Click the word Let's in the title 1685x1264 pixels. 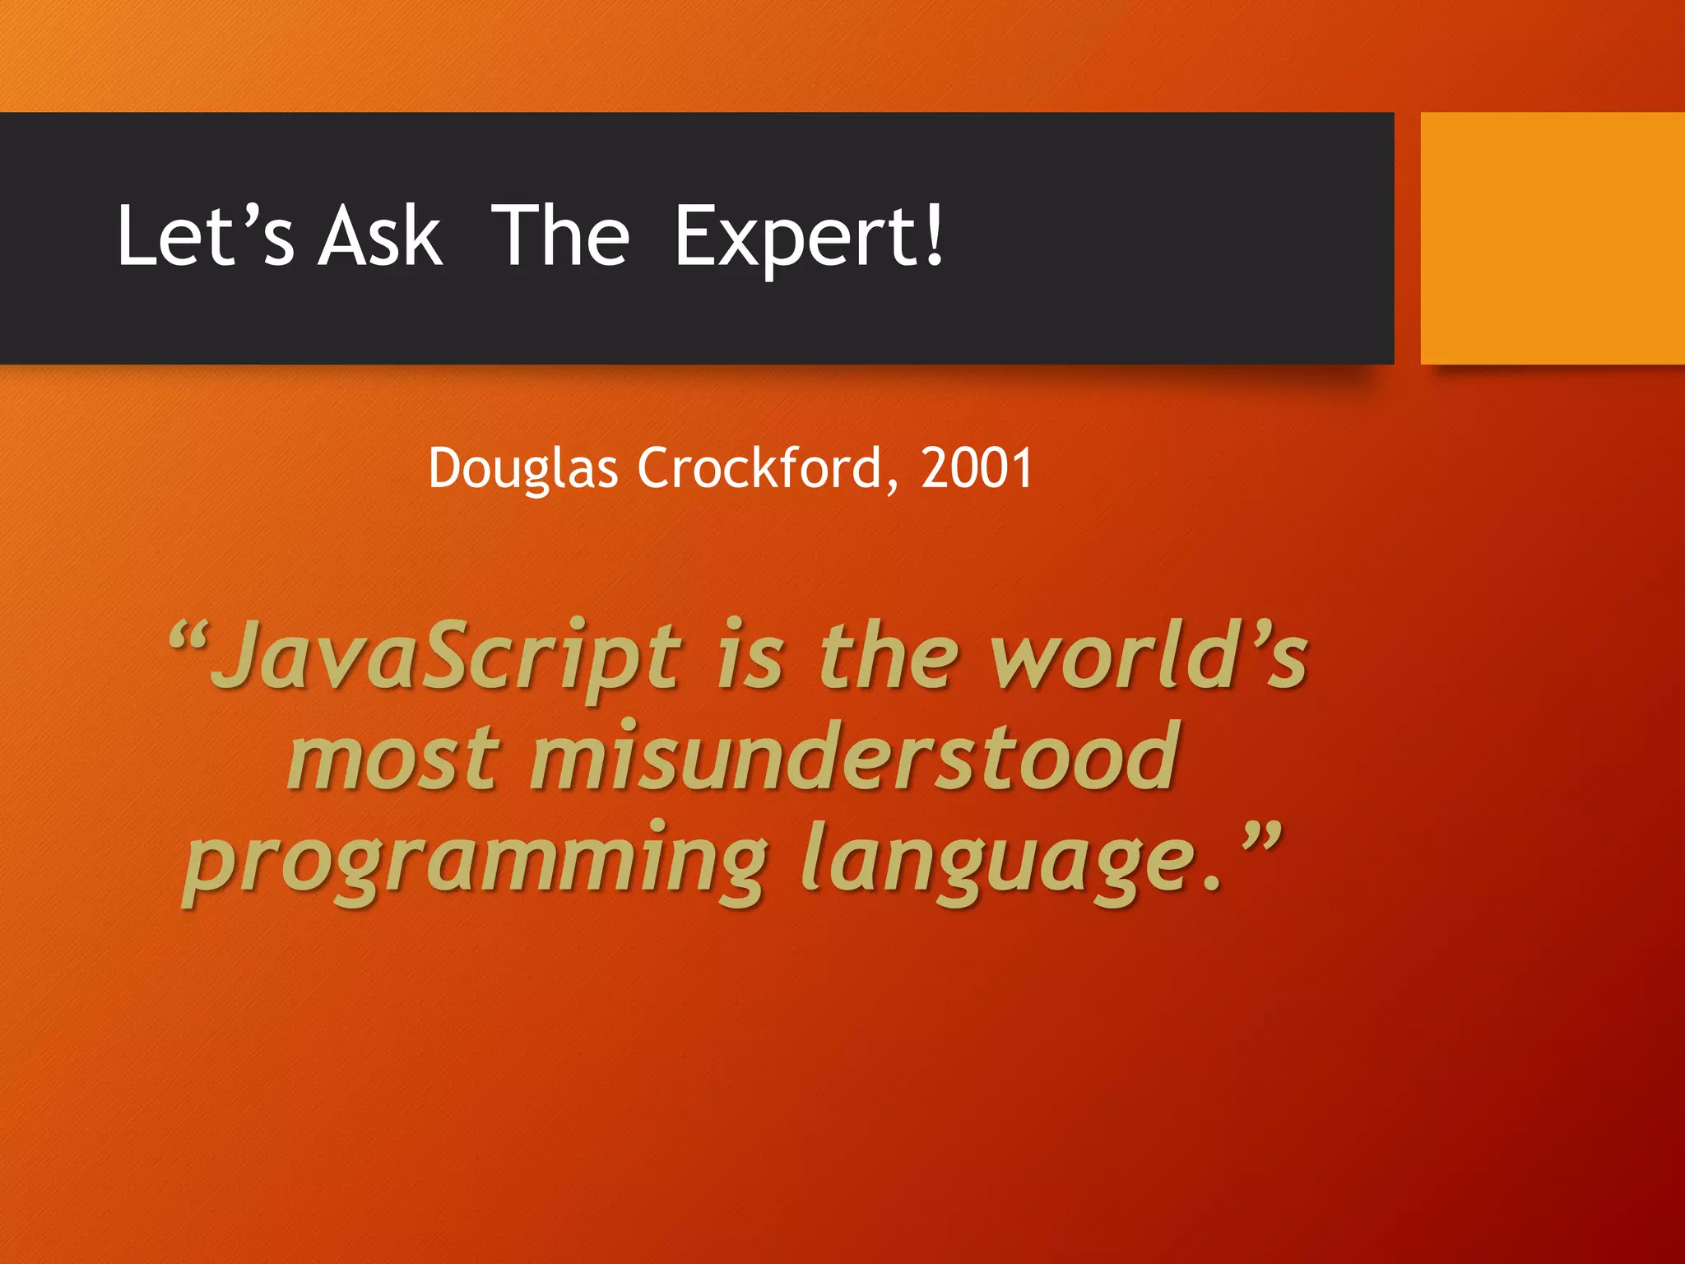204,236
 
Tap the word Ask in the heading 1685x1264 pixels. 380,236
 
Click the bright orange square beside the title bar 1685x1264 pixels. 1552,238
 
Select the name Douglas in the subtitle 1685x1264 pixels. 522,469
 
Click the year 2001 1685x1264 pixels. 977,468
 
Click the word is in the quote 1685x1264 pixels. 750,658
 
